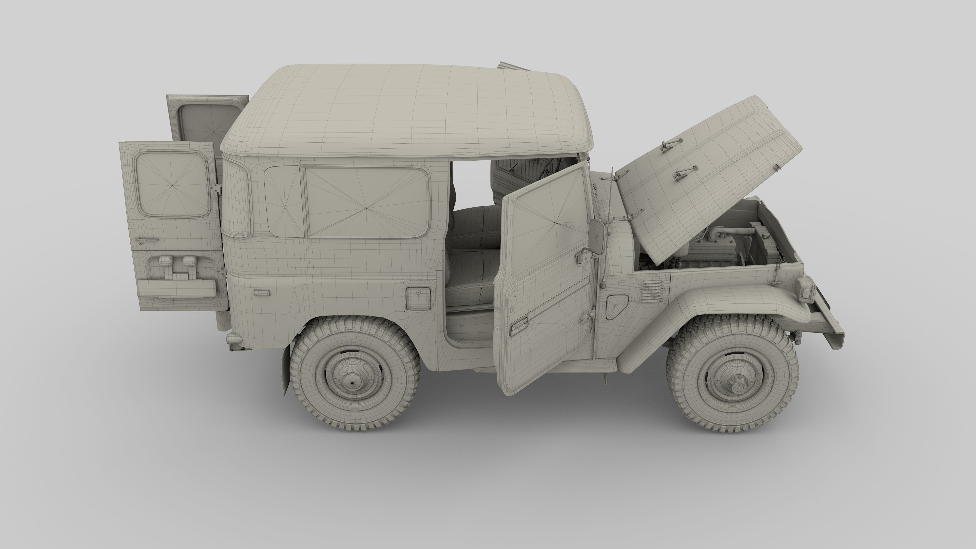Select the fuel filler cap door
(x=418, y=297)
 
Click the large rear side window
(x=367, y=203)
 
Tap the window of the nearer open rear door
(x=172, y=184)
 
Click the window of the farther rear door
(x=206, y=123)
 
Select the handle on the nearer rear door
(x=147, y=240)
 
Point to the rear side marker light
(x=262, y=292)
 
